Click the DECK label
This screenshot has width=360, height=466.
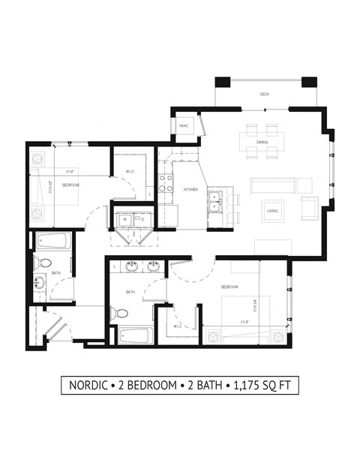264,94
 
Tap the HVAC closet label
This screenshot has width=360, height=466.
183,126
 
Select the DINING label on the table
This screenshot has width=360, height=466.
262,142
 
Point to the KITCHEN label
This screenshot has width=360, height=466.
190,190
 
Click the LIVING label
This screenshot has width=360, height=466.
272,211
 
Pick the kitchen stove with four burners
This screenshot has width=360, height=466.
165,182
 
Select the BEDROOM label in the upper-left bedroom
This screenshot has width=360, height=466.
71,185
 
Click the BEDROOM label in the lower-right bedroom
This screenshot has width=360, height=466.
229,287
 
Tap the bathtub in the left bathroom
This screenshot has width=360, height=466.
53,243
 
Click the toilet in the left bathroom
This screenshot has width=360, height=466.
43,263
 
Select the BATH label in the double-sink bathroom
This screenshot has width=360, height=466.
130,292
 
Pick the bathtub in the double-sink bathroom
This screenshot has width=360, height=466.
136,334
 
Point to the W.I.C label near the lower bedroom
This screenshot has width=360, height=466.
178,326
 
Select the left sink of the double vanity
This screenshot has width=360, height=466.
131,265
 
